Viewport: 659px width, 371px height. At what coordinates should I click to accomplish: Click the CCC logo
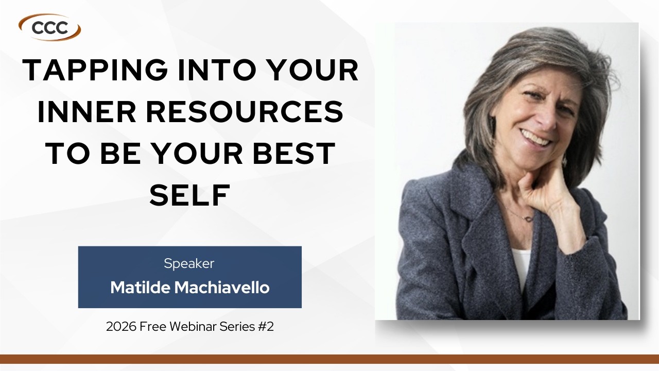click(x=50, y=27)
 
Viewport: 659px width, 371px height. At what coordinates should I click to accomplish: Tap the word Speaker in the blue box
click(x=189, y=263)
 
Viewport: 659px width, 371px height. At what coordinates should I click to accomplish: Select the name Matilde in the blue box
click(x=141, y=288)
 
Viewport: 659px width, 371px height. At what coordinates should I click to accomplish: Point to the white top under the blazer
click(x=521, y=265)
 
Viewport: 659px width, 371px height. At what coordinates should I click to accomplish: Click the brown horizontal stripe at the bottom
click(x=329, y=359)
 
